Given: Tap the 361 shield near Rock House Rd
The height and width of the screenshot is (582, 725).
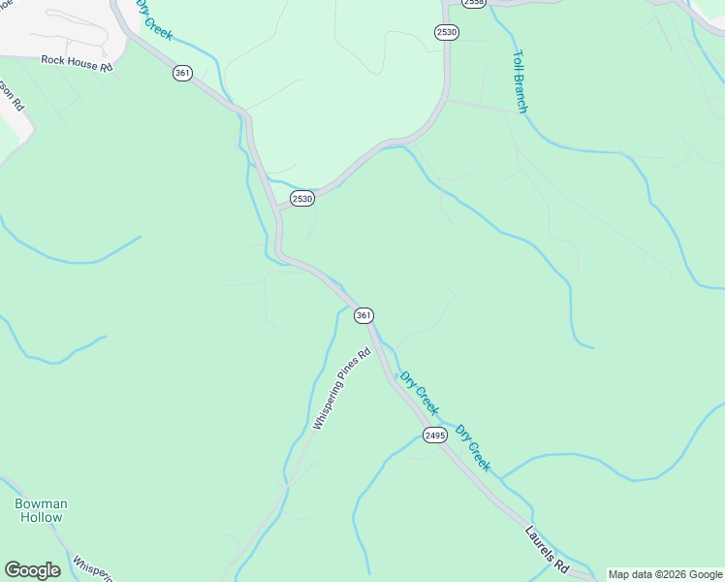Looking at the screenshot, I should (182, 73).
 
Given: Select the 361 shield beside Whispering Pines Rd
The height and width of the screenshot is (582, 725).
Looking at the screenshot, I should (363, 315).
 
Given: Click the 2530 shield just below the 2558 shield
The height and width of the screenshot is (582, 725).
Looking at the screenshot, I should (446, 32).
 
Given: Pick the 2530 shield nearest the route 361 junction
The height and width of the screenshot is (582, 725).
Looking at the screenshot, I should (302, 199).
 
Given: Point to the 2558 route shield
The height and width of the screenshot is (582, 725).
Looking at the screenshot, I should (473, 3).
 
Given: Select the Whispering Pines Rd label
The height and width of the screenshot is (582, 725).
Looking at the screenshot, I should (341, 390).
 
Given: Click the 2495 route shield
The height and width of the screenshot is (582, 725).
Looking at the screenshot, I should (434, 436).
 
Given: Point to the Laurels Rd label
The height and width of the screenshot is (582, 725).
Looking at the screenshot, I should (548, 549).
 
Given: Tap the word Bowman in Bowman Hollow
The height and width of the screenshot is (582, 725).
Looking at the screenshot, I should (41, 503).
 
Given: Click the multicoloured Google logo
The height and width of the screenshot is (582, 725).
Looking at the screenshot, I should (32, 570).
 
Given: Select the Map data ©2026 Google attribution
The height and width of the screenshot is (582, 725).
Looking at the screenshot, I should (666, 575).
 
